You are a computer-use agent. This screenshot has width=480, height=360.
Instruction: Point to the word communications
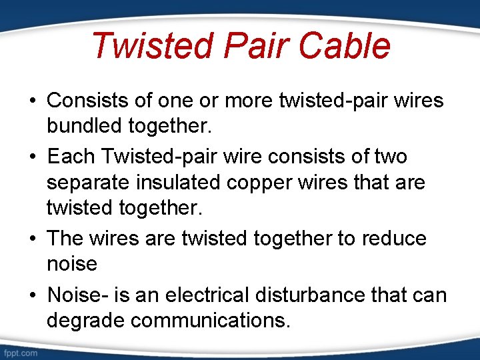[x=211, y=320]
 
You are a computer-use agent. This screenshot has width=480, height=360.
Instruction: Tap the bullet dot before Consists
[x=32, y=101]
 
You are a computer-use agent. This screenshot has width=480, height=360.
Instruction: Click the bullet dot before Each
[x=32, y=157]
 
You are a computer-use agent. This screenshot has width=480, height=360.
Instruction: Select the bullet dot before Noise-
[x=32, y=295]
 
